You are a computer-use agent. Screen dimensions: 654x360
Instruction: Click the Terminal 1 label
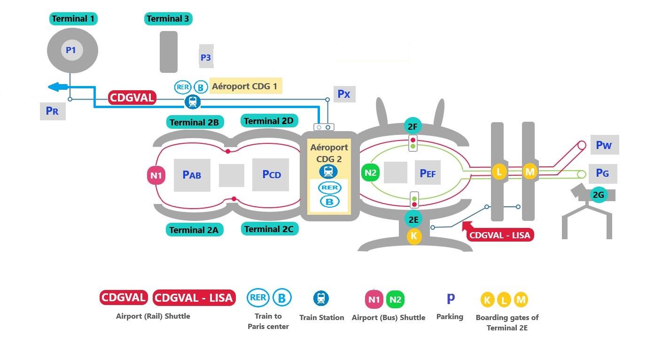tap(73, 19)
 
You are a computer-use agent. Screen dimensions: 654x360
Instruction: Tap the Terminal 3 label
tap(168, 19)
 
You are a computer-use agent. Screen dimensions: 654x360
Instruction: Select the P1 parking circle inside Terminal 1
tap(72, 50)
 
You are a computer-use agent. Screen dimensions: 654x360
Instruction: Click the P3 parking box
tap(206, 56)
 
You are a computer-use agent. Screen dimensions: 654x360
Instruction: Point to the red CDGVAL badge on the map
tap(132, 97)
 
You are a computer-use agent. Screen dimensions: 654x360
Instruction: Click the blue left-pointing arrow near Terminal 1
tap(58, 87)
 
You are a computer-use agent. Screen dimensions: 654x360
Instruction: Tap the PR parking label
tap(53, 111)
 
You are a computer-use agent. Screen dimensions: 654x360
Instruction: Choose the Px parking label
tap(344, 94)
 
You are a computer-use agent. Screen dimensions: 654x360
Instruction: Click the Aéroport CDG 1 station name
tap(245, 86)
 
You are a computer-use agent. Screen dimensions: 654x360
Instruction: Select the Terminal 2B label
tap(195, 122)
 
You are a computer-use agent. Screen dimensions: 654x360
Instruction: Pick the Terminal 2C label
tap(269, 229)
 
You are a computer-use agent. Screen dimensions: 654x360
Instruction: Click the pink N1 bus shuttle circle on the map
tap(156, 175)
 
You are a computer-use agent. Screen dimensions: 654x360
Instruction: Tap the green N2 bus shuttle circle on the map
tap(371, 172)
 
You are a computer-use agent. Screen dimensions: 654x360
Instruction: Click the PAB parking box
tap(192, 175)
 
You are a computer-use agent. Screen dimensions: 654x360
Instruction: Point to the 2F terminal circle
tap(413, 126)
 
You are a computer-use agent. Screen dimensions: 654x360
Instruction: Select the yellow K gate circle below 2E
tap(414, 235)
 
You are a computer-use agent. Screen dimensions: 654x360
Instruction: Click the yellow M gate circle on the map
tap(529, 172)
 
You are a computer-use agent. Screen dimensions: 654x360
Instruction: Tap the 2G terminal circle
tap(599, 195)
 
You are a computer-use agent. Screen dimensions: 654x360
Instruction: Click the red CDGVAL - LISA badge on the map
tap(500, 235)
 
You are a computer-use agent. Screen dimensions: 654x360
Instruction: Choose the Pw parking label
tap(604, 145)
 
